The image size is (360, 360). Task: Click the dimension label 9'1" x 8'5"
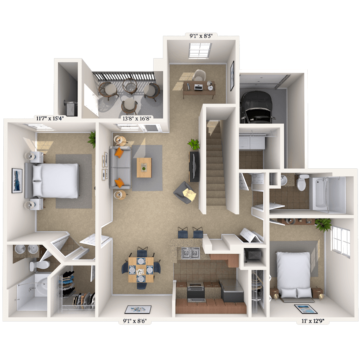point(201,36)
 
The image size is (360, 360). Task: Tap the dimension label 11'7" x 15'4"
point(50,118)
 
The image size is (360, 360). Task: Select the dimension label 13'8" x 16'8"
point(137,118)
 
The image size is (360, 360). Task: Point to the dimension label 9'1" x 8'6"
point(135,321)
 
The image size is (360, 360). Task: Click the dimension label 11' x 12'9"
point(313,321)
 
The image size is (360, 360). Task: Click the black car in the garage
point(257,107)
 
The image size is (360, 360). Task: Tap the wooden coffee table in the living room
point(144,167)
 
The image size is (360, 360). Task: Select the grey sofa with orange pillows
point(120,167)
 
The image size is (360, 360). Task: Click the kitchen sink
point(190,253)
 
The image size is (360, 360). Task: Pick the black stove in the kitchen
point(196,292)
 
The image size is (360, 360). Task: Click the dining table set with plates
point(141,270)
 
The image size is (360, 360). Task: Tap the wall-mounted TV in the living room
point(194,167)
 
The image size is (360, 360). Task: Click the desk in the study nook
point(199,89)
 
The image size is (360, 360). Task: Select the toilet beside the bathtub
point(303,182)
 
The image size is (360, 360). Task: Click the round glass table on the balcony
point(130,87)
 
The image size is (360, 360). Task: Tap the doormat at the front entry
point(138,309)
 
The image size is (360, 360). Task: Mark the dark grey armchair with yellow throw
point(185,193)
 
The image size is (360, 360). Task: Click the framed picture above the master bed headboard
point(17,180)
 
